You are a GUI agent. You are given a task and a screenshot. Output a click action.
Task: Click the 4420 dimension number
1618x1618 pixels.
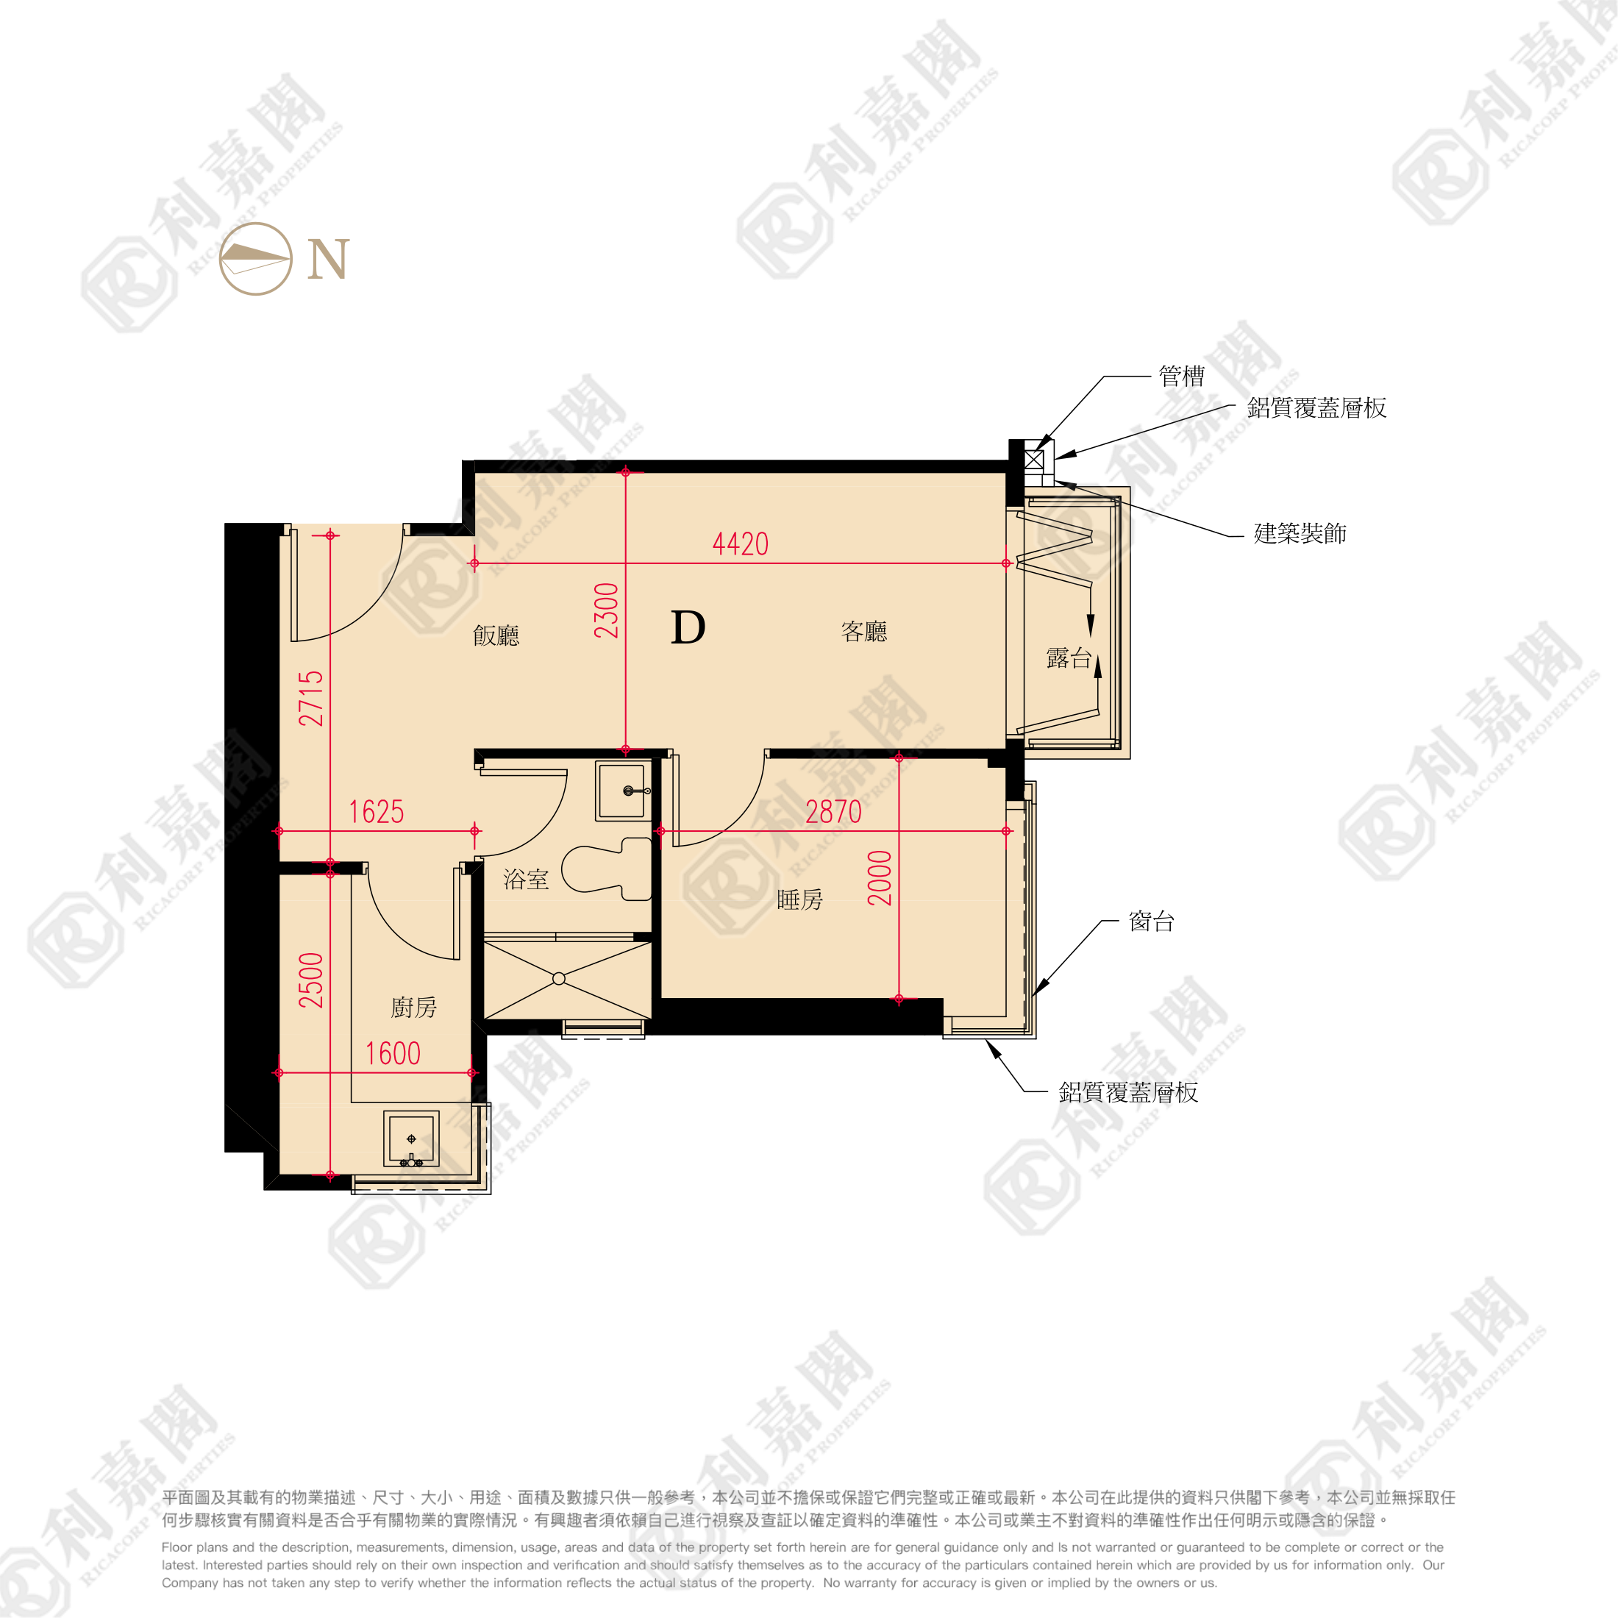(741, 544)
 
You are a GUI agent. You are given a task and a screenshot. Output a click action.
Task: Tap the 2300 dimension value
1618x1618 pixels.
(606, 610)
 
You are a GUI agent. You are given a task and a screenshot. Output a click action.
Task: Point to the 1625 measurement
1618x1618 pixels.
(376, 811)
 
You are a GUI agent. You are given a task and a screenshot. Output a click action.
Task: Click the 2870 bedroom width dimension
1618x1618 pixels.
(833, 811)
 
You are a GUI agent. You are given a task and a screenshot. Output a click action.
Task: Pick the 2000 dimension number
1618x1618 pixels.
(880, 877)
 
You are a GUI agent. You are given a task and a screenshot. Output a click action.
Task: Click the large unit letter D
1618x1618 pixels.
(688, 627)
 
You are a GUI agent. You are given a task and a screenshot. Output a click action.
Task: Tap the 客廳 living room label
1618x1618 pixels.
(864, 632)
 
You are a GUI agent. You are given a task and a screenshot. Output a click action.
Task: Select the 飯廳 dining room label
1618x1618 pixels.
(496, 635)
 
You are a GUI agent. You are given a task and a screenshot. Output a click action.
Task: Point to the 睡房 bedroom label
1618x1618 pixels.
(799, 899)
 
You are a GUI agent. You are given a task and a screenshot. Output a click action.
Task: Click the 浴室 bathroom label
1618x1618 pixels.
(526, 880)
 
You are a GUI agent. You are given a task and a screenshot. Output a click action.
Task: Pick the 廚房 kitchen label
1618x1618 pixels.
(414, 1008)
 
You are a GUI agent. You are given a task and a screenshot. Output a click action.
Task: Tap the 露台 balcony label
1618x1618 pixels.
(1069, 658)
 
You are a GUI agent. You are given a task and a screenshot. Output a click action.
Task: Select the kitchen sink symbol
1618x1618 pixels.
(411, 1139)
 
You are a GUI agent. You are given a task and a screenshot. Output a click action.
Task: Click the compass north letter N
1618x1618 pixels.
(327, 259)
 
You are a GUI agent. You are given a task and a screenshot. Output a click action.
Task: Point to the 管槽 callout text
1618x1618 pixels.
(1182, 376)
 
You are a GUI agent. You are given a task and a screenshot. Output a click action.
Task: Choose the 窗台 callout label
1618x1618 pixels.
(1152, 922)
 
